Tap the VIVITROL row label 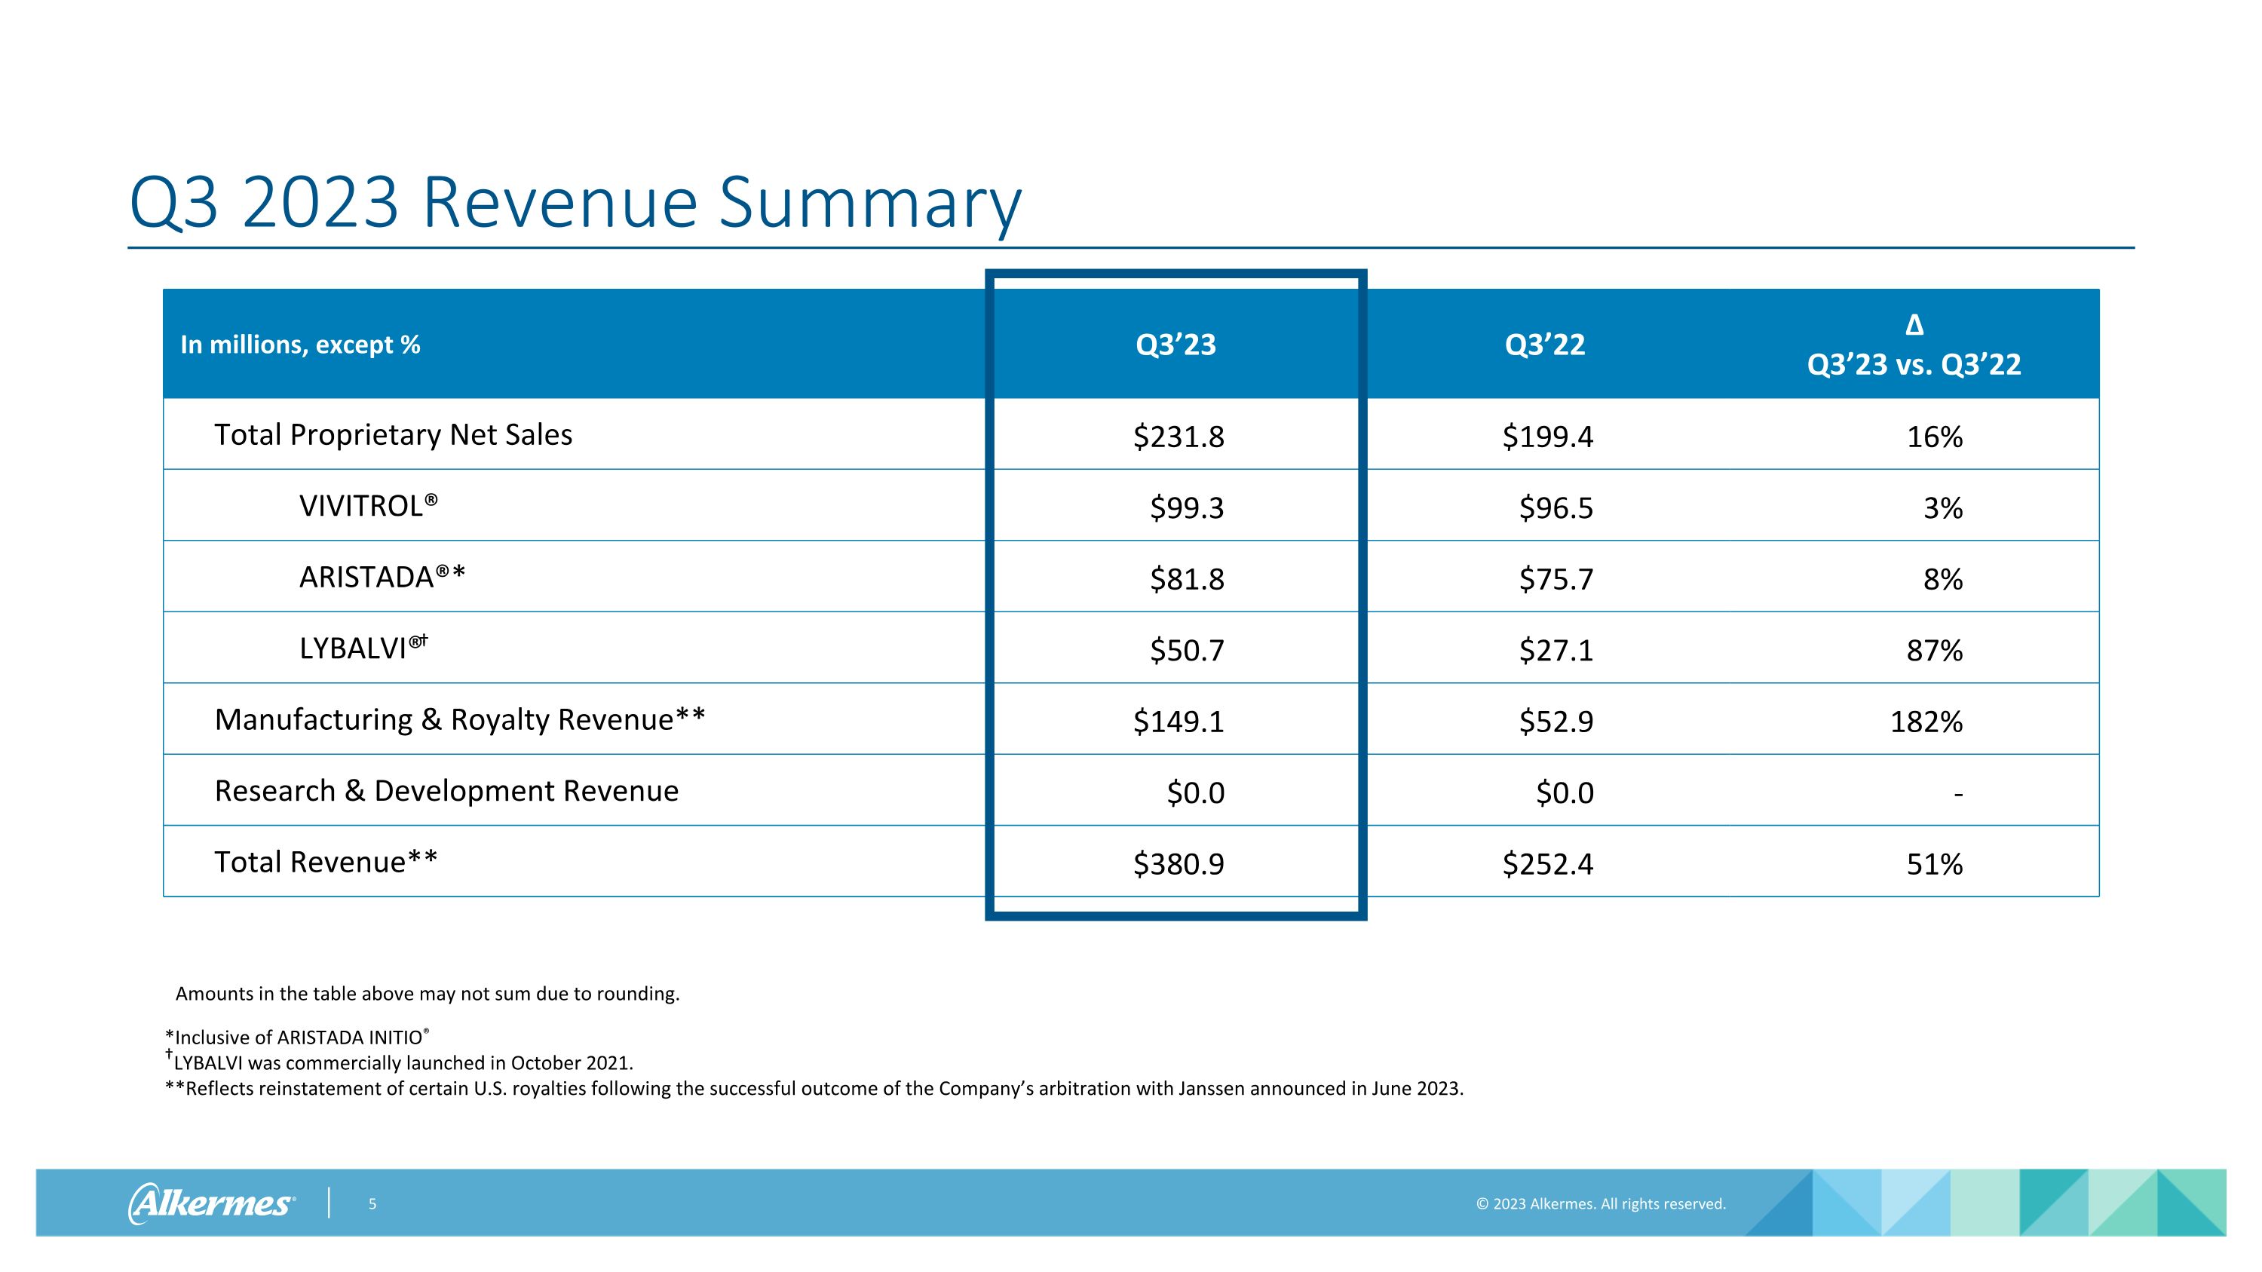(x=369, y=507)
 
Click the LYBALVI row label (x=363, y=648)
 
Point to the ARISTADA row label (x=382, y=577)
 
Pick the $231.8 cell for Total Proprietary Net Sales (x=1179, y=437)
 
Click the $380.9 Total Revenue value (x=1179, y=864)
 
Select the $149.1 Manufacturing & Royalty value (x=1179, y=722)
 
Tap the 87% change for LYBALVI (x=1935, y=651)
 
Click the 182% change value (x=1926, y=722)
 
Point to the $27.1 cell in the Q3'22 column (x=1556, y=651)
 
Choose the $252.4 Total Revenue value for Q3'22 (x=1547, y=864)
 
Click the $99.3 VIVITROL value (x=1188, y=507)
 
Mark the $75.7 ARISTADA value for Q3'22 (x=1556, y=579)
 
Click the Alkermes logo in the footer (x=212, y=1203)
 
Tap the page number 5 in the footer (x=372, y=1204)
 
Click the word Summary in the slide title (x=870, y=204)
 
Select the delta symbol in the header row (x=1914, y=326)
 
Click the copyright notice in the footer (x=1601, y=1204)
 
